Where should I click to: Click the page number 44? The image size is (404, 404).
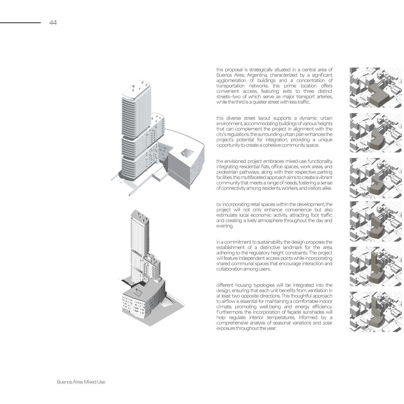53,23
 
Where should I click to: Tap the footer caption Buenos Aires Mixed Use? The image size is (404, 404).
81,382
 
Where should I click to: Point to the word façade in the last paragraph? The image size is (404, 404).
289,312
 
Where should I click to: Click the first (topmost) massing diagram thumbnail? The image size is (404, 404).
376,88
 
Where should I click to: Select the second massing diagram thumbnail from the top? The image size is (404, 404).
376,133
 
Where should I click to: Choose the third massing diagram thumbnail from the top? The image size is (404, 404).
376,178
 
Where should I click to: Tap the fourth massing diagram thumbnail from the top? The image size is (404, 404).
376,221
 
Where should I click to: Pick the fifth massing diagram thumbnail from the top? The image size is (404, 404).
376,266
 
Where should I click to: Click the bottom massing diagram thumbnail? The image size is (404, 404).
376,312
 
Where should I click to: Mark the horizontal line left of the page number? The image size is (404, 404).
20,23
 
